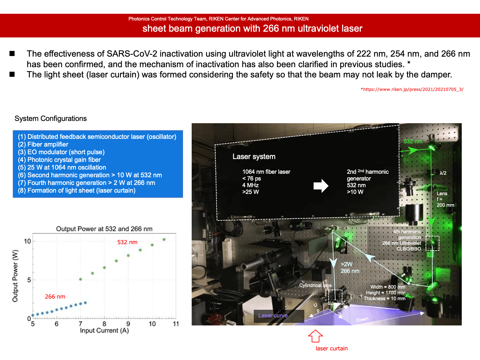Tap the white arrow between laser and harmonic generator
click(321, 186)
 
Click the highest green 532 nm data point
click(164, 240)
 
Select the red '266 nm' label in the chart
click(55, 297)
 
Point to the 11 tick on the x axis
click(176, 324)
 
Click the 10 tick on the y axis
click(27, 241)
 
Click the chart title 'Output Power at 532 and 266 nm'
click(104, 229)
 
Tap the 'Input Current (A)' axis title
click(104, 331)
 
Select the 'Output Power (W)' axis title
click(15, 276)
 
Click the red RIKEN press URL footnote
click(412, 89)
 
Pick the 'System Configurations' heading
click(51, 118)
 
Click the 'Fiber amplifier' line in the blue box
click(43, 145)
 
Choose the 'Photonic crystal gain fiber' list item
click(59, 160)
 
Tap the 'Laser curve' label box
click(279, 316)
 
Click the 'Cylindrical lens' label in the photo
click(315, 285)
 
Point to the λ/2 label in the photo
click(443, 173)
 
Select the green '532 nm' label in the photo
click(413, 141)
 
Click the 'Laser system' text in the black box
click(254, 156)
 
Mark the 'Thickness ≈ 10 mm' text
click(385, 299)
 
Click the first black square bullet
click(12, 53)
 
